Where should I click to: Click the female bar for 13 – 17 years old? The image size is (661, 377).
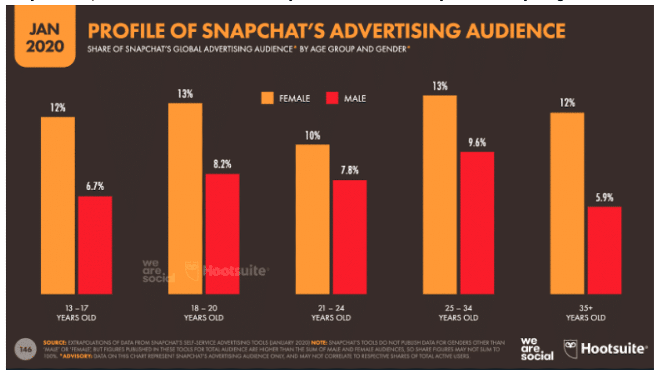[x=58, y=205]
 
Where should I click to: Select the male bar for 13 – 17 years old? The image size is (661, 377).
[x=95, y=245]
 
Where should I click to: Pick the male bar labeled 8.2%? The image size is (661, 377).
[x=222, y=234]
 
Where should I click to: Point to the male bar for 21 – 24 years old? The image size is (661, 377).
[x=350, y=237]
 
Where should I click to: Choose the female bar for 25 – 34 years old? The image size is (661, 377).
[x=440, y=195]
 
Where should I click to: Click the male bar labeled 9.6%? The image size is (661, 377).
[x=477, y=223]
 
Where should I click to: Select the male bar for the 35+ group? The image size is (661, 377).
[x=604, y=250]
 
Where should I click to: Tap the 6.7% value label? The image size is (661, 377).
[x=96, y=187]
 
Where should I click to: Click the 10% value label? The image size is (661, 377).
[x=313, y=136]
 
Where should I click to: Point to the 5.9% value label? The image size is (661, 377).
[x=604, y=197]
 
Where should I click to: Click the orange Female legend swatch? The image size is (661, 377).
[x=267, y=99]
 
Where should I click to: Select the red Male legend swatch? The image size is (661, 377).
[x=332, y=99]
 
